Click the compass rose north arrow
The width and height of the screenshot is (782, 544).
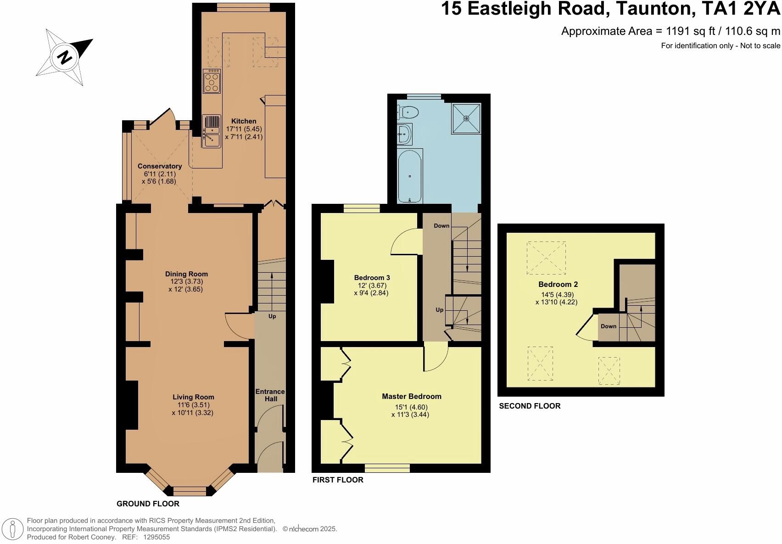[x=65, y=57]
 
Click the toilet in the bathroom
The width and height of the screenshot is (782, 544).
[x=408, y=112]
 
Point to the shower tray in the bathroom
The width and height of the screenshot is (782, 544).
[x=466, y=118]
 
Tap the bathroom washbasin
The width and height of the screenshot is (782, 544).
[x=404, y=135]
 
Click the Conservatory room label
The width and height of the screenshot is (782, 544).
[x=160, y=166]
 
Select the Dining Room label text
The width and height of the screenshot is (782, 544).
[x=186, y=274]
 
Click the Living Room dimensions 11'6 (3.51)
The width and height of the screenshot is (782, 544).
[x=193, y=405]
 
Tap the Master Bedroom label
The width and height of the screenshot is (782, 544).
[x=412, y=396]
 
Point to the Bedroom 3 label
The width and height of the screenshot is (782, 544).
[x=372, y=278]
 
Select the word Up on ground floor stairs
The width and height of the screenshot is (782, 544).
[x=272, y=316]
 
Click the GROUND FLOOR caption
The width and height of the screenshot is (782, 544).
[x=148, y=504]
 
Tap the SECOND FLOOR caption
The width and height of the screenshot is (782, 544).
[x=530, y=406]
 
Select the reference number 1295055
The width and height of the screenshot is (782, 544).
[x=156, y=537]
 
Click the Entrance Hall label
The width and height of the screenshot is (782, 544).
[x=270, y=395]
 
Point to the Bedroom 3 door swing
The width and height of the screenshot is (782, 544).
[x=406, y=241]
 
